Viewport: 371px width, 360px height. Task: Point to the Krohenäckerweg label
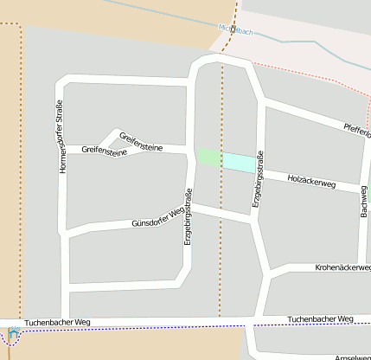pyautogui.click(x=343, y=268)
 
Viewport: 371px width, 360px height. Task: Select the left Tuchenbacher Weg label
pyautogui.click(x=57, y=321)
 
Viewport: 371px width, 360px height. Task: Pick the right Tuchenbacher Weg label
pyautogui.click(x=321, y=319)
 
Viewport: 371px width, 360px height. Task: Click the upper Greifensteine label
pyautogui.click(x=141, y=141)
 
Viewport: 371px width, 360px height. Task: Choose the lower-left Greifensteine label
pyautogui.click(x=104, y=151)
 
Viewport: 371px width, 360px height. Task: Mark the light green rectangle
pyautogui.click(x=210, y=157)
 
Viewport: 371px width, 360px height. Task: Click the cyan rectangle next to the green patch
pyautogui.click(x=240, y=161)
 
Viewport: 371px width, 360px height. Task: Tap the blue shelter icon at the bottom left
pyautogui.click(x=13, y=335)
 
